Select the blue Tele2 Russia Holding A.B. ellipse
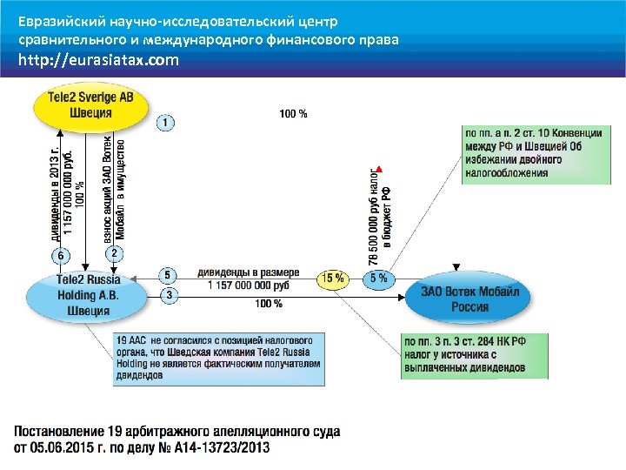(x=89, y=295)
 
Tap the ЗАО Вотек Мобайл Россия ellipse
(x=469, y=299)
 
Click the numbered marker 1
(x=166, y=124)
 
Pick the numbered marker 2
(x=115, y=253)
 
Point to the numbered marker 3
(x=169, y=296)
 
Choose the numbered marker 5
(x=169, y=276)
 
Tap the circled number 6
(x=61, y=256)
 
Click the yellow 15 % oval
(x=332, y=279)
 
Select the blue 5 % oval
(x=378, y=279)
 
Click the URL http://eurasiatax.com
(x=99, y=61)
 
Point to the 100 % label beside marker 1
(x=293, y=113)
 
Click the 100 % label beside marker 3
(x=269, y=304)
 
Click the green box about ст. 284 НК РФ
(x=475, y=355)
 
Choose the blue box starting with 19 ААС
(x=219, y=358)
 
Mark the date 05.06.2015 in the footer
(x=65, y=447)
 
